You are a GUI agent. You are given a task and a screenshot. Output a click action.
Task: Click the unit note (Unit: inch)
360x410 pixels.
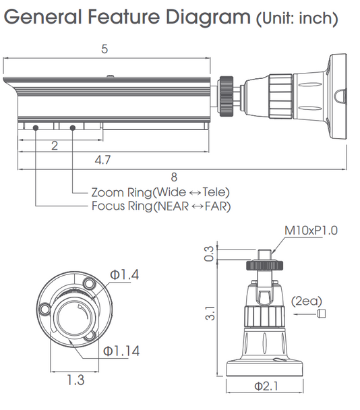pyautogui.click(x=297, y=18)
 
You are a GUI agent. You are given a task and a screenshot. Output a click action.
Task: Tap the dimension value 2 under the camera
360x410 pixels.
pyautogui.click(x=54, y=146)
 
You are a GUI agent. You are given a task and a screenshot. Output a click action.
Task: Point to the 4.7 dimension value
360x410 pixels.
pyautogui.click(x=102, y=160)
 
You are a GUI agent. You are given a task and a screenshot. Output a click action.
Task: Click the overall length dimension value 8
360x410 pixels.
pyautogui.click(x=174, y=177)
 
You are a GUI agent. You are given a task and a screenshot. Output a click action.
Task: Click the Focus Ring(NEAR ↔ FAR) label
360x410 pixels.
pyautogui.click(x=160, y=206)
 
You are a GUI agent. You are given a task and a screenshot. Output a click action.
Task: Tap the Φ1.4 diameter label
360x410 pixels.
pyautogui.click(x=124, y=274)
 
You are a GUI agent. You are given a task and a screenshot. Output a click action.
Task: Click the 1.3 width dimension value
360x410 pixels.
pyautogui.click(x=76, y=380)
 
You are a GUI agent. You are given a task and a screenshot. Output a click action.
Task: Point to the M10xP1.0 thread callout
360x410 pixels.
pyautogui.click(x=310, y=230)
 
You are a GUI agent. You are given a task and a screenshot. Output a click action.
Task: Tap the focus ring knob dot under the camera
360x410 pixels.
pyautogui.click(x=34, y=126)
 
